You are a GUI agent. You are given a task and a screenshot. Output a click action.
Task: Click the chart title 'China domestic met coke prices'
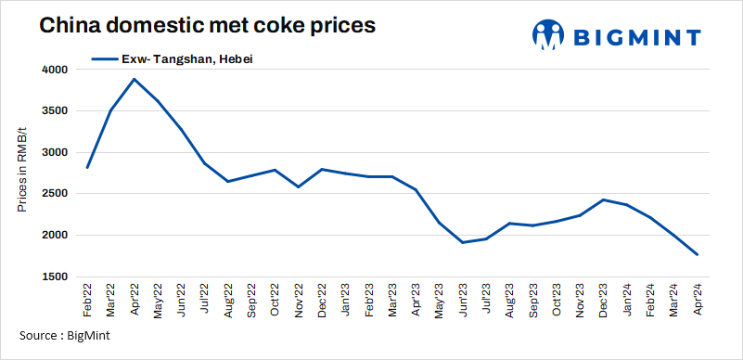coord(207,26)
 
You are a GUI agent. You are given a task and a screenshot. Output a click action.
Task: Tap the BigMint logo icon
coord(548,35)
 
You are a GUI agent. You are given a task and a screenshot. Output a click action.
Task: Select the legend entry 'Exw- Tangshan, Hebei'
coord(173,59)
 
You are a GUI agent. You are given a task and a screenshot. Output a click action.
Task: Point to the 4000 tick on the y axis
coord(55,70)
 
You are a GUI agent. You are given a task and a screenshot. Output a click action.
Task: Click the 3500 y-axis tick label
coord(55,111)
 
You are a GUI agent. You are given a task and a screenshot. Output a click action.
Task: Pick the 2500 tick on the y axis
coord(55,194)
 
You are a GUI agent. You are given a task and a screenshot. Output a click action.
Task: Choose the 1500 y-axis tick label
coord(55,277)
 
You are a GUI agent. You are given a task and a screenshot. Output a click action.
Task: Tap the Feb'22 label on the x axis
coord(87,302)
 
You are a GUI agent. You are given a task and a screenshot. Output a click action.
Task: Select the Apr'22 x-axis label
coord(135,302)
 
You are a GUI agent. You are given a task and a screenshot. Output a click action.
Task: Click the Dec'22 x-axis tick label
coord(321,302)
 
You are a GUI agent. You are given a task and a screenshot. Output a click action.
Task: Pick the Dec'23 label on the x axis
coord(603,302)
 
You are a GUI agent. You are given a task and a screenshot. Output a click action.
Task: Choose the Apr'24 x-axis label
coord(697,302)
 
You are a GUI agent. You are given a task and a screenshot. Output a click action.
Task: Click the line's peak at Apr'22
coord(135,79)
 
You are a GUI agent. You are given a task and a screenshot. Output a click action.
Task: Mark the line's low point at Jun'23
coord(463,243)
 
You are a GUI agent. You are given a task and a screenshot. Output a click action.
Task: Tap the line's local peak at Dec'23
coord(603,199)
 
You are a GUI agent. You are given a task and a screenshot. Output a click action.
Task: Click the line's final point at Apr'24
coord(697,255)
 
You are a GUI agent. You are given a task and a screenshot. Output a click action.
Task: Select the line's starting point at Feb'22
coord(87,167)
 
